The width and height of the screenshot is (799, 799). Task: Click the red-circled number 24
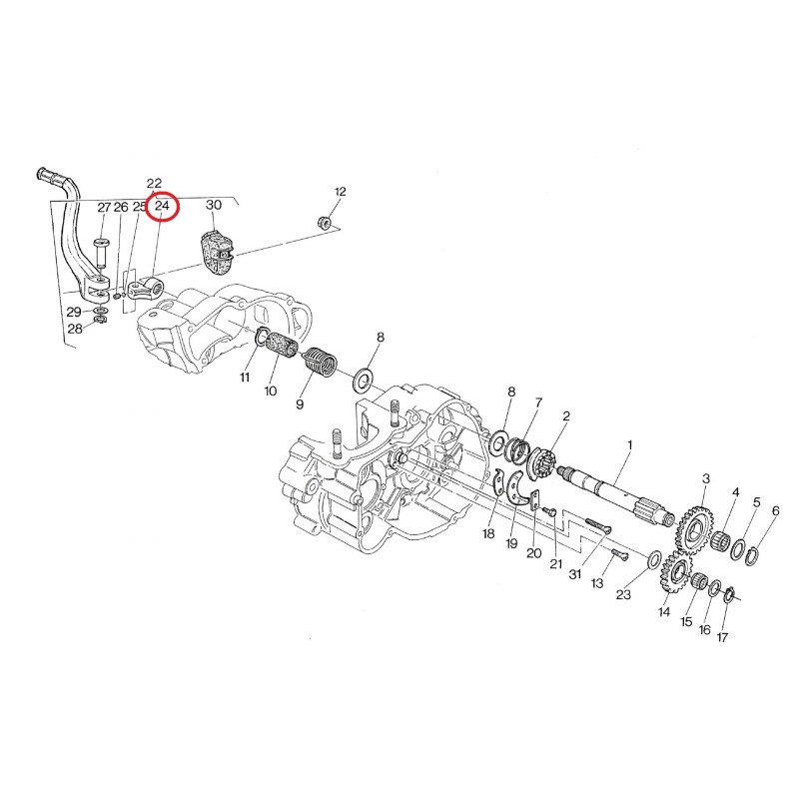point(162,207)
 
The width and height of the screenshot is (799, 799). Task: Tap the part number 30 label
point(214,205)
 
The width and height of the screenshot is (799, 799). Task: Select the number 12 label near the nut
point(340,192)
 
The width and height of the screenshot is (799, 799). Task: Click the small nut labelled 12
point(324,222)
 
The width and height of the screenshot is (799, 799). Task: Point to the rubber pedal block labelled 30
point(217,253)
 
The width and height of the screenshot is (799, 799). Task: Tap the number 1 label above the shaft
point(630,445)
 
